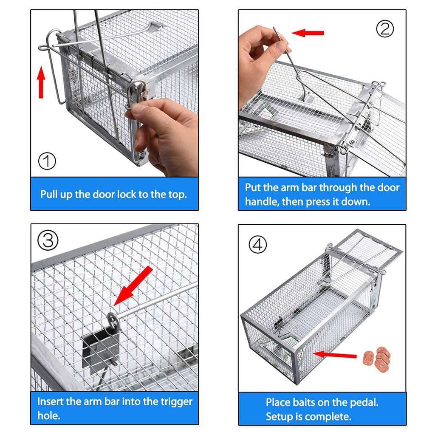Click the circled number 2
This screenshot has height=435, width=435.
pyautogui.click(x=385, y=28)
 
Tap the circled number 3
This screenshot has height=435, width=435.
pyautogui.click(x=48, y=241)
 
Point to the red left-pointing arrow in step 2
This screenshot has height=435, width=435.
pyautogui.click(x=308, y=33)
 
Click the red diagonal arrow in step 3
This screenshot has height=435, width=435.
pyautogui.click(x=134, y=285)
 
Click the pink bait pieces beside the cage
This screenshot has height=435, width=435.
pyautogui.click(x=377, y=359)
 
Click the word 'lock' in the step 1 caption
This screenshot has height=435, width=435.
pyautogui.click(x=123, y=195)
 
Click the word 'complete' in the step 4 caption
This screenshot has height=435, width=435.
pyautogui.click(x=331, y=417)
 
